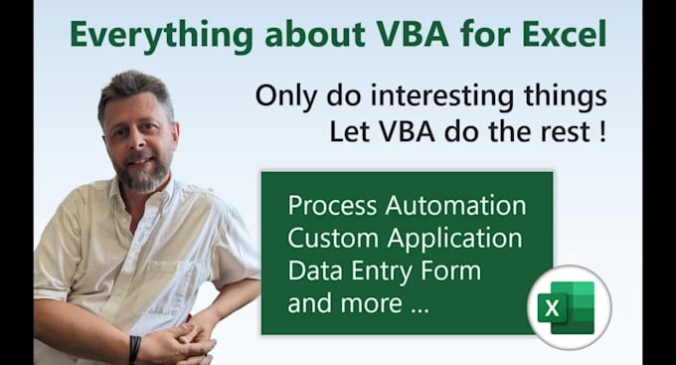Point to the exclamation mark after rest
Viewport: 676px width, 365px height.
coord(602,131)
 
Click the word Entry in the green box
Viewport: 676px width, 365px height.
coord(390,272)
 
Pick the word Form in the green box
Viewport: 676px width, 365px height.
coord(452,271)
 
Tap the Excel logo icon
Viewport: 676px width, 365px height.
coord(567,306)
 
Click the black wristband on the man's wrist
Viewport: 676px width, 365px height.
coord(134,348)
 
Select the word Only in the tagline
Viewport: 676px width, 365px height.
coord(283,96)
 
